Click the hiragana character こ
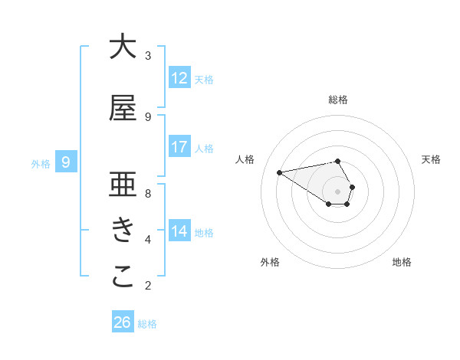[122, 277]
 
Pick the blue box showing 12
[179, 77]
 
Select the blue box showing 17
[179, 147]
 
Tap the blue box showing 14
[179, 231]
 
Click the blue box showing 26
[122, 322]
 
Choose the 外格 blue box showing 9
[66, 162]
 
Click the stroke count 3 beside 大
[148, 56]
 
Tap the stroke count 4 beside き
[148, 240]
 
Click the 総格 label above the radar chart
[338, 100]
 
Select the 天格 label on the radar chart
[431, 159]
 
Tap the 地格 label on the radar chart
[402, 262]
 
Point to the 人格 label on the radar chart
[245, 159]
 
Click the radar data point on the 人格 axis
[279, 172]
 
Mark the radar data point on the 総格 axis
[338, 161]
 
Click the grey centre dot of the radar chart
[338, 191]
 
